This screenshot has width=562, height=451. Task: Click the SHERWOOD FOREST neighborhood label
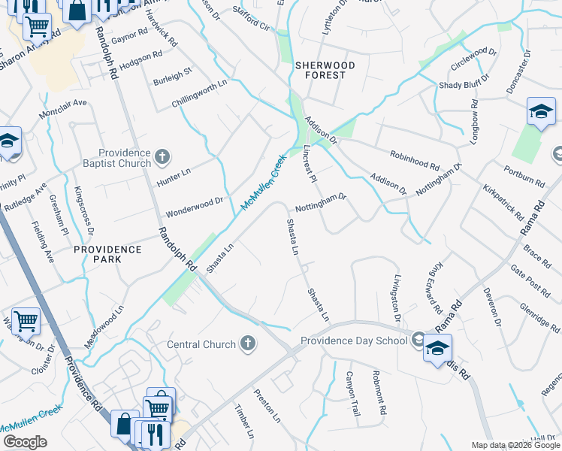click(320, 70)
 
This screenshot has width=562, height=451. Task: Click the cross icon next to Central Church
click(247, 344)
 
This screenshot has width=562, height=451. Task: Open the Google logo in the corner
click(25, 441)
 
